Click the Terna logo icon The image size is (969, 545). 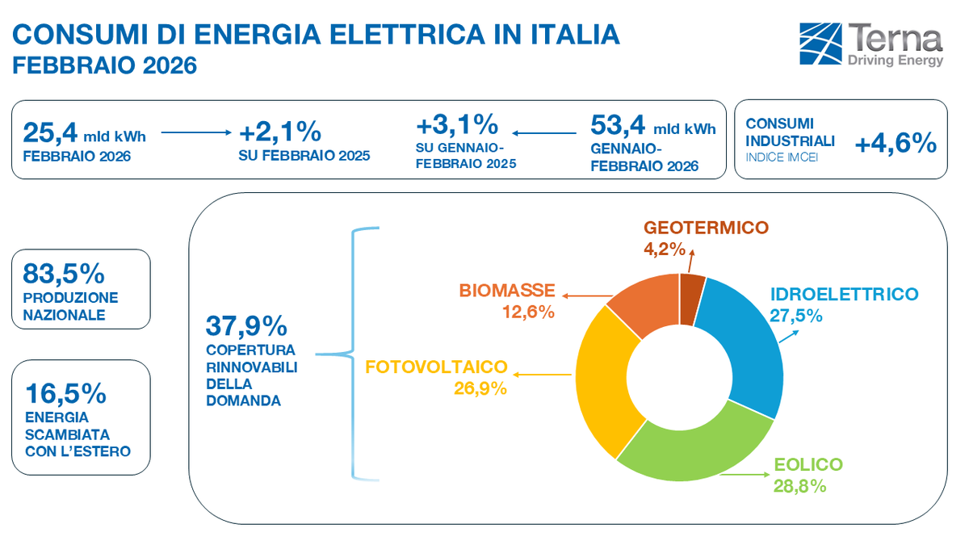point(820,44)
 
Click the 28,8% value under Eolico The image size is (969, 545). point(799,485)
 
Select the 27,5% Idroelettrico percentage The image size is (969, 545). point(795,316)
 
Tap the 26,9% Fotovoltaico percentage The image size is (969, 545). point(480,388)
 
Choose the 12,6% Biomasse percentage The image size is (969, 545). point(528,312)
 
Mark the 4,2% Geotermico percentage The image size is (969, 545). point(664,248)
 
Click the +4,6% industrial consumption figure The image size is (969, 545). point(895,144)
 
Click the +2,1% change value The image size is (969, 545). point(280,131)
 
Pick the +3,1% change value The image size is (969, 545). point(456,125)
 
